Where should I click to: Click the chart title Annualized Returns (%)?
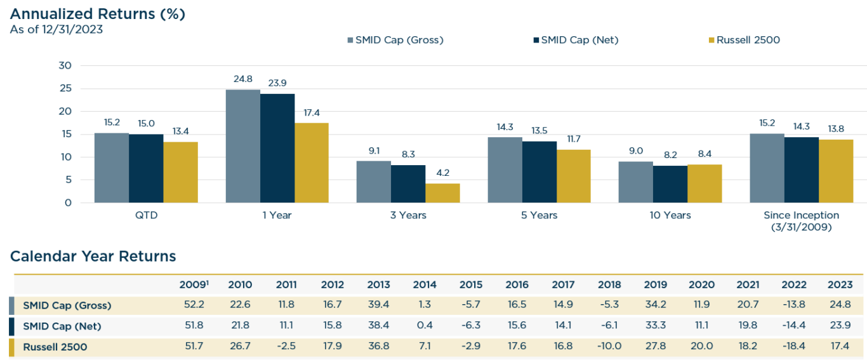coord(97,14)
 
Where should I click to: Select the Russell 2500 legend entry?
coord(748,40)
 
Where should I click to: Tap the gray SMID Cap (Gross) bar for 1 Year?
coord(242,146)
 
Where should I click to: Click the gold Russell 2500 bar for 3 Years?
coord(442,193)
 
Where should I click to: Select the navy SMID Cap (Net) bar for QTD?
coord(146,168)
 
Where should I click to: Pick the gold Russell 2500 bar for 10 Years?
coord(705,183)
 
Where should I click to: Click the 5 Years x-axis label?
coord(539,215)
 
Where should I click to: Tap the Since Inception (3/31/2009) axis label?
coord(801,221)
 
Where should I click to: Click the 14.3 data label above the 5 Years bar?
coord(505,127)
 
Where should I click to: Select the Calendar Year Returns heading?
coord(93,257)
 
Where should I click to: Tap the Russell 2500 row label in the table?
coord(55,347)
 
